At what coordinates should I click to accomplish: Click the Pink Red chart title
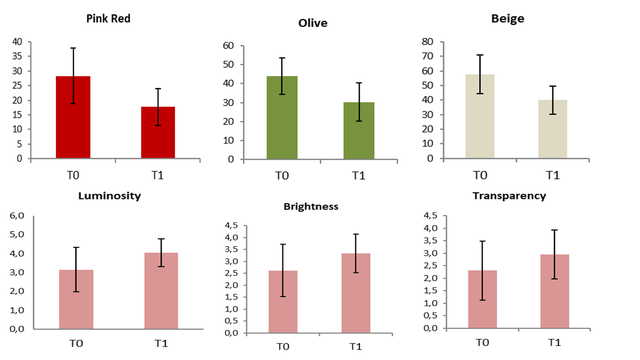coord(108,19)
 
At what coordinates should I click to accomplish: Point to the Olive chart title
coord(312,23)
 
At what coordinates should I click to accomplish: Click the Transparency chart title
coord(509,196)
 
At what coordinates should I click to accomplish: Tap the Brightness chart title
coord(310,206)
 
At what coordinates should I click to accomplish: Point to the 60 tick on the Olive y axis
coord(228,46)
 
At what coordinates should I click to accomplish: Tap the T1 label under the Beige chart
coord(552,175)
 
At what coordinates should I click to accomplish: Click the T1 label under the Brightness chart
coord(355,347)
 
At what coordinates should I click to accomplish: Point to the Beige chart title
coord(507,19)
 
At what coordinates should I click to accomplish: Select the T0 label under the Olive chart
coord(282,176)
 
